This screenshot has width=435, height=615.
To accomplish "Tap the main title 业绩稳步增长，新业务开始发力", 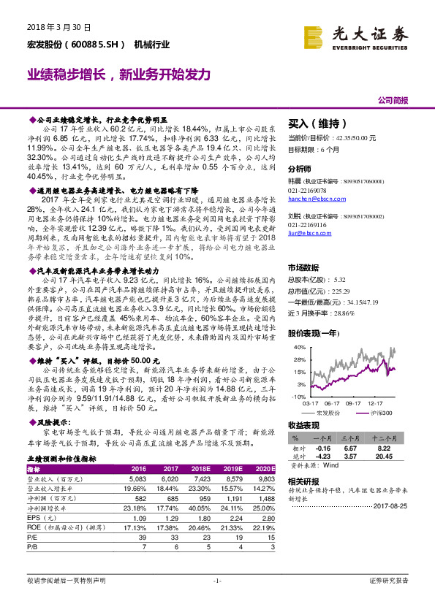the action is point(119,75).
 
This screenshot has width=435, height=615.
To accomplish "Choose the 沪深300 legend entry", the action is point(378,413).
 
